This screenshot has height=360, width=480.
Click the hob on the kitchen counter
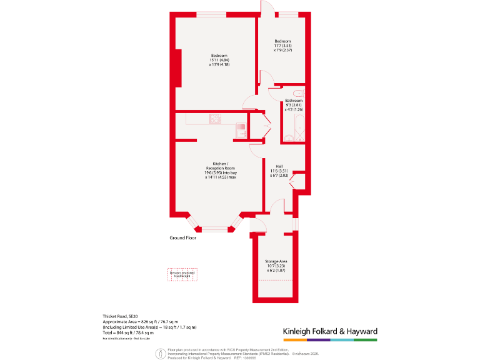point(216,119)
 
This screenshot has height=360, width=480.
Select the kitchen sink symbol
point(241,130)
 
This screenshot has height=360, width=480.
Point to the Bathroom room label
point(294,101)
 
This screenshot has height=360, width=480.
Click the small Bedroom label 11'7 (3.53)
point(282,42)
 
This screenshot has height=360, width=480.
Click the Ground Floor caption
point(183,238)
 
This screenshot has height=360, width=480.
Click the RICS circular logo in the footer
point(161,352)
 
